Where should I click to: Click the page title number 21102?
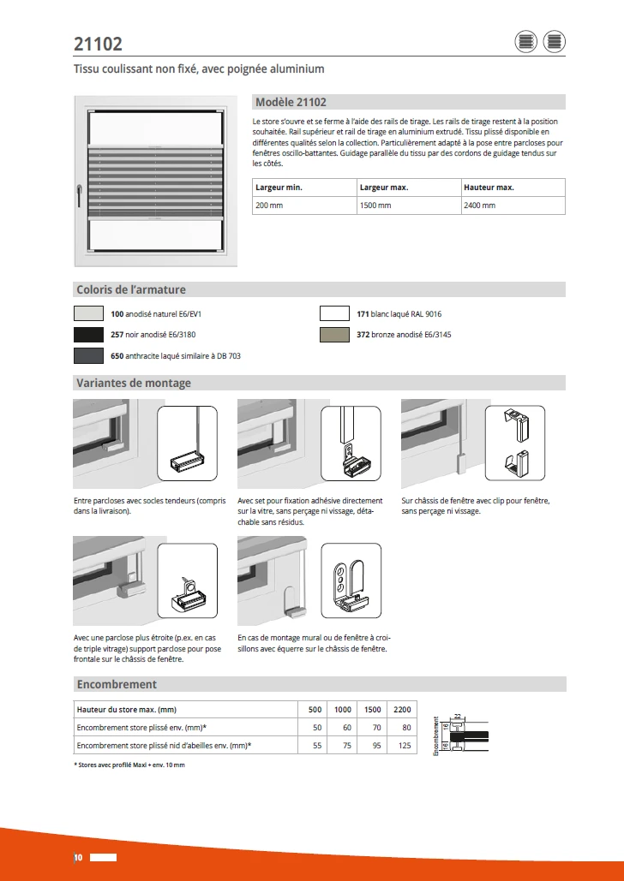pos(98,44)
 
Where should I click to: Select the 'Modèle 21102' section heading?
pos(291,102)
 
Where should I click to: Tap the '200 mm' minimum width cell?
pos(268,205)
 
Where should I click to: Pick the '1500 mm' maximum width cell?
pos(375,205)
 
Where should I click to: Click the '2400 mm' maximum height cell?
pos(479,205)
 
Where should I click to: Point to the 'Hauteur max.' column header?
pos(489,187)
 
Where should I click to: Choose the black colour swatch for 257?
pos(88,335)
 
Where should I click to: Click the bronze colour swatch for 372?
pos(334,335)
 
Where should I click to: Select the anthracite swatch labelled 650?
pos(88,355)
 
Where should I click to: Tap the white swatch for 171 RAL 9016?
pos(334,314)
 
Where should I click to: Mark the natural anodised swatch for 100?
pos(88,314)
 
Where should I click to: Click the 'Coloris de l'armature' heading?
pos(131,289)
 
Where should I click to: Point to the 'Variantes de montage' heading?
pos(134,383)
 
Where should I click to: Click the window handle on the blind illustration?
pos(79,193)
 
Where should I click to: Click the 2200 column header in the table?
pos(402,710)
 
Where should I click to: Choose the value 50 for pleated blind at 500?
pos(316,728)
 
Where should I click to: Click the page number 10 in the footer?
pos(77,857)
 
